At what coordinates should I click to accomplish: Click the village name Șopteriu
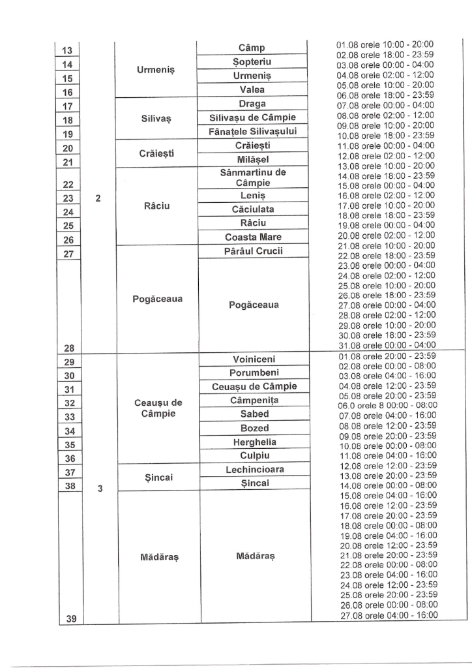click(252, 61)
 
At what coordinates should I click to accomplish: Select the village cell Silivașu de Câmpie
click(252, 117)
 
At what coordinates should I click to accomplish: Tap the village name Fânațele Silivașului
click(252, 131)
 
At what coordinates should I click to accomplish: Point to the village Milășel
click(252, 160)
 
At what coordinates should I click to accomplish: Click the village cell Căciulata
click(252, 209)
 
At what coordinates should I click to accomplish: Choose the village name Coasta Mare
click(252, 237)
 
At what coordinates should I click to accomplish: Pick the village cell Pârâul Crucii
click(252, 251)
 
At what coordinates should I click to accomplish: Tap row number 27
click(66, 254)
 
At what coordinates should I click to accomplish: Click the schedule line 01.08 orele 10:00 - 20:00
click(385, 45)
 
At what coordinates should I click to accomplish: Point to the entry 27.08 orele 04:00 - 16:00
click(389, 615)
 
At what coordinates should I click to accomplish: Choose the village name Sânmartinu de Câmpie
click(252, 178)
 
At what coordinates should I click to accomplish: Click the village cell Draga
click(252, 104)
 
